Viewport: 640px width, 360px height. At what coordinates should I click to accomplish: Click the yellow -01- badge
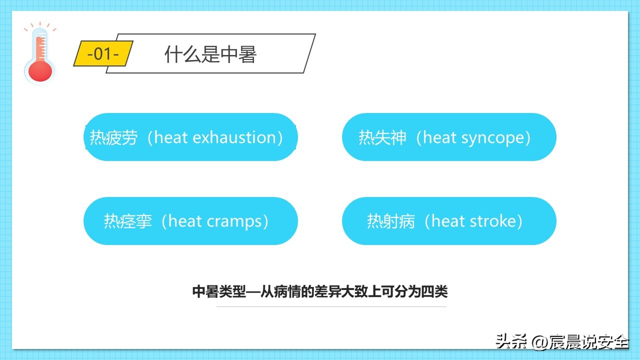pyautogui.click(x=103, y=53)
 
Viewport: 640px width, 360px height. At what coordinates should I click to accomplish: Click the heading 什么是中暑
pyautogui.click(x=210, y=54)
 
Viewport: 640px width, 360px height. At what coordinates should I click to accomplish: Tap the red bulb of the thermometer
pyautogui.click(x=40, y=70)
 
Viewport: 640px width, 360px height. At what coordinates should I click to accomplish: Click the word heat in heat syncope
pyautogui.click(x=438, y=137)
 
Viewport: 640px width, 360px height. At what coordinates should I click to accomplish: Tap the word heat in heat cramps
pyautogui.click(x=184, y=221)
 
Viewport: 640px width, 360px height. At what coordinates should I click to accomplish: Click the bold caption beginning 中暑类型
pyautogui.click(x=320, y=291)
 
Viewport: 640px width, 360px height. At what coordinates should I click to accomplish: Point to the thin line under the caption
pyautogui.click(x=331, y=306)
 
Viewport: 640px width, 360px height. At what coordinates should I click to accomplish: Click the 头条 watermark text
pyautogui.click(x=511, y=342)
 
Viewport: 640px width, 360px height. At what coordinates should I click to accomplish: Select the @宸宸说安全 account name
pyautogui.click(x=580, y=342)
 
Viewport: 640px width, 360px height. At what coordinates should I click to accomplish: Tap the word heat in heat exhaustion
pyautogui.click(x=170, y=137)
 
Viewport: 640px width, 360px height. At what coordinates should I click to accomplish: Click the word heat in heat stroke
pyautogui.click(x=447, y=221)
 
